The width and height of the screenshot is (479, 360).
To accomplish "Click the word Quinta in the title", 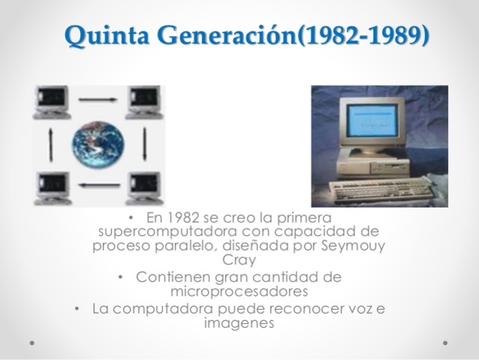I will click(99, 34).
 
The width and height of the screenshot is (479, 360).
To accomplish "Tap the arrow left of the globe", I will click(50, 144).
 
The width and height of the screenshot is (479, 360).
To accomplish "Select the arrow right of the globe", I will click(144, 144).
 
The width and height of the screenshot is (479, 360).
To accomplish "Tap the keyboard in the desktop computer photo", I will click(382, 192).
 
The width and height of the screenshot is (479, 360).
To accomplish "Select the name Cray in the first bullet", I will click(240, 260).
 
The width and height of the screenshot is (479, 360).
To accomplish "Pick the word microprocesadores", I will click(239, 291).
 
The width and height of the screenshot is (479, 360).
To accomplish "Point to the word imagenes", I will click(239, 323).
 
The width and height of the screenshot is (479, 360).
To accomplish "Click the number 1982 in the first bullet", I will click(184, 217).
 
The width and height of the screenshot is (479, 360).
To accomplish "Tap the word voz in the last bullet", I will click(356, 308).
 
